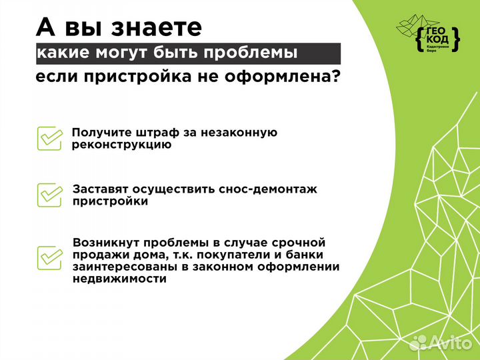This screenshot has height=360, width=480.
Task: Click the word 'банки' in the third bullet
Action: pyautogui.click(x=304, y=254)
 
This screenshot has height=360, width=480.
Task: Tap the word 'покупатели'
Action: pyautogui.click(x=243, y=254)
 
